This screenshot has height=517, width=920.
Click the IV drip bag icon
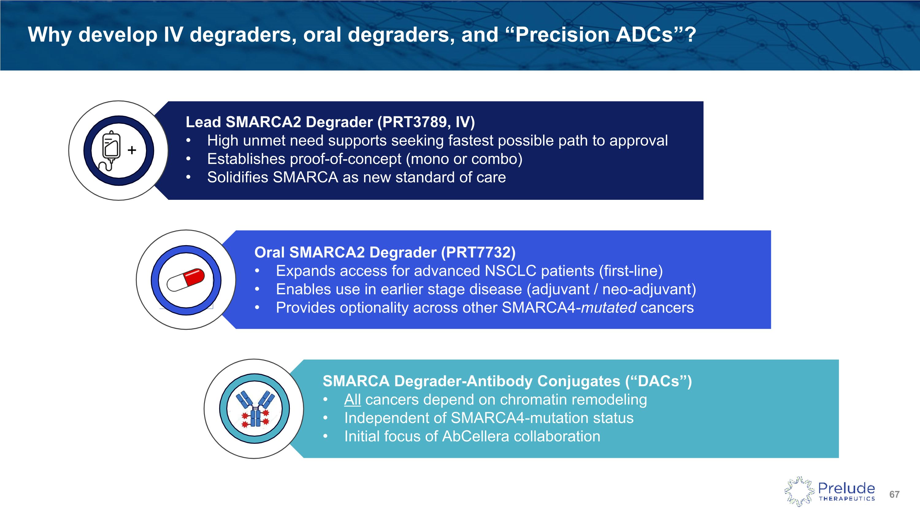[111, 150]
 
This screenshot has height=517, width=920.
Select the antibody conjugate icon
[255, 409]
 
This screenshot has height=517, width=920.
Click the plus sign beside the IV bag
[132, 150]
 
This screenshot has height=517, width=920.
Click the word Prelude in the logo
[846, 488]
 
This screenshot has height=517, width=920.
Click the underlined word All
[352, 400]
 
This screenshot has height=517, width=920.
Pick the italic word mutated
[608, 308]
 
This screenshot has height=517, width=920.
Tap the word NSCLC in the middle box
[510, 271]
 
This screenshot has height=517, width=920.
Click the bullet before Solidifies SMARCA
[188, 178]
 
